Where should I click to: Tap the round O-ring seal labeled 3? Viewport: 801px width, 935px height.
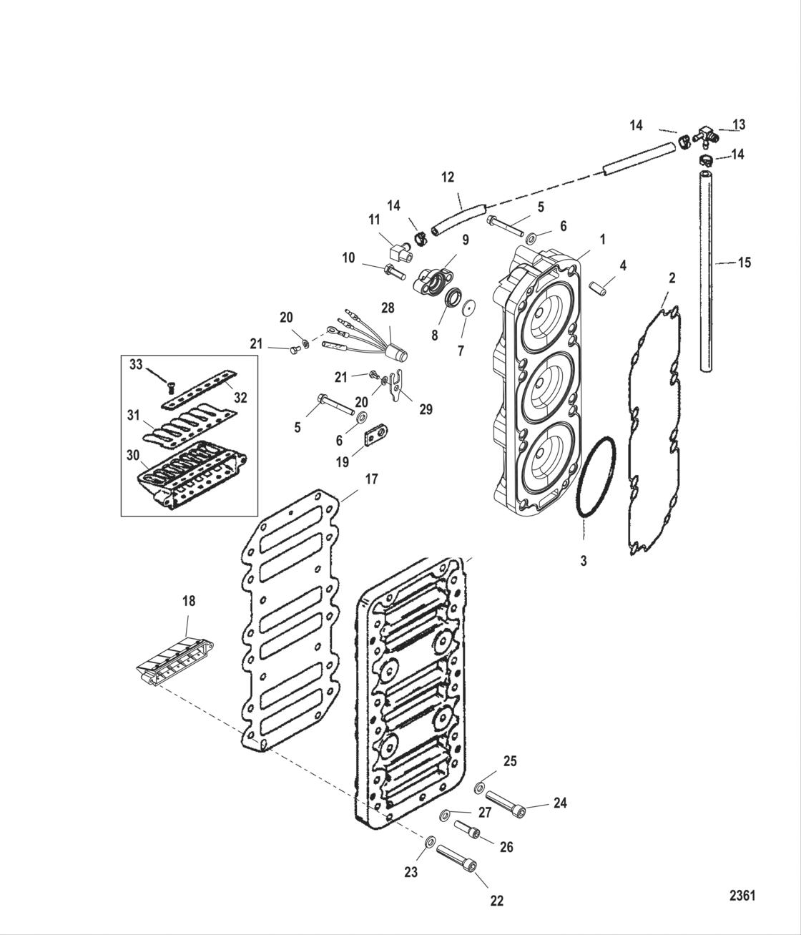tap(595, 475)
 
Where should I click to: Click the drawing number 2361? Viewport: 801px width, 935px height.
tap(742, 895)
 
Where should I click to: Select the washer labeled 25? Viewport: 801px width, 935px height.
tap(480, 788)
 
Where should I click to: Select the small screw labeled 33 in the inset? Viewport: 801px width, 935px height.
tap(170, 387)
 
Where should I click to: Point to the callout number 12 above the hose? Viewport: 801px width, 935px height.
tap(448, 177)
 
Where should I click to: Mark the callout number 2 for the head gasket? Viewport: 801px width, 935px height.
tap(671, 278)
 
